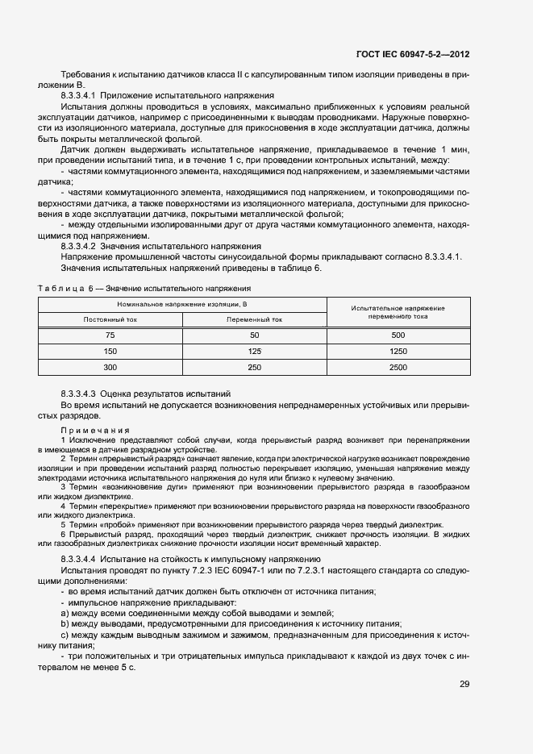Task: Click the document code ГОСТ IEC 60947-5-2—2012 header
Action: click(x=413, y=54)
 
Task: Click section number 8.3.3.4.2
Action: click(x=84, y=245)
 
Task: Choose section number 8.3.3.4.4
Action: click(x=84, y=559)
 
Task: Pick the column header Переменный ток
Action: click(x=254, y=319)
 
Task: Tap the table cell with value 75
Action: click(x=110, y=335)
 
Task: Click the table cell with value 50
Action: click(x=254, y=335)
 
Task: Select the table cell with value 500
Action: click(x=398, y=335)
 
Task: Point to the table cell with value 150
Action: click(x=110, y=351)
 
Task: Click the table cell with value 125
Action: click(x=254, y=351)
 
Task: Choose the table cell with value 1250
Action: click(x=398, y=351)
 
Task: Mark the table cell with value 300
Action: click(x=110, y=367)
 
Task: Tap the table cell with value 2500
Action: click(x=398, y=367)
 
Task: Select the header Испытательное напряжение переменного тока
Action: click(x=398, y=312)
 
